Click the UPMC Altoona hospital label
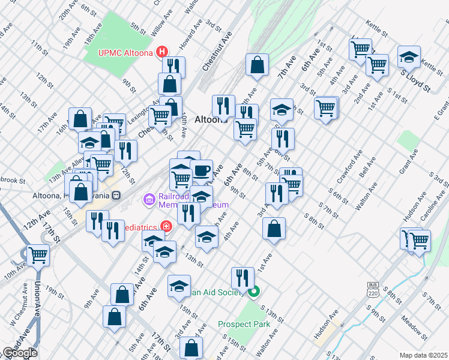[x=126, y=52]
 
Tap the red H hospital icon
[x=162, y=52]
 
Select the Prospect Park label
[x=244, y=324]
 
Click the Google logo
[x=19, y=353]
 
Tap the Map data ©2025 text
[x=424, y=355]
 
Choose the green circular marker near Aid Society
[x=254, y=292]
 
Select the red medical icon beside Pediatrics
[x=166, y=227]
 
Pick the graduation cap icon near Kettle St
[x=409, y=56]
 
